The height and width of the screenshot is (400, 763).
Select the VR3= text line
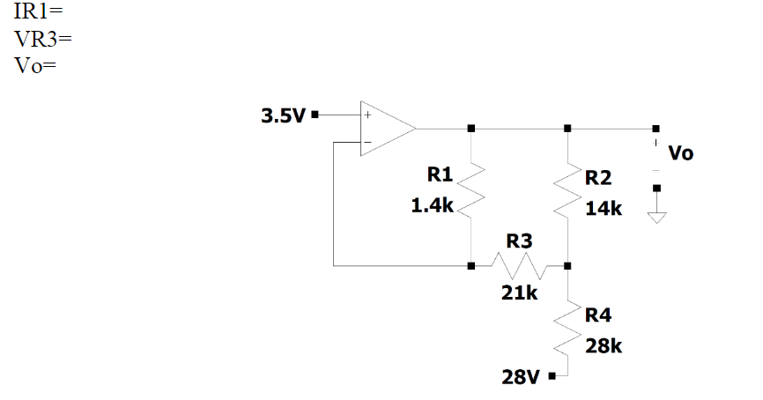[34, 40]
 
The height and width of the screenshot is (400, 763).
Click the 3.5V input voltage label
[285, 115]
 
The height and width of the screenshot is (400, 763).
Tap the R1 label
[439, 174]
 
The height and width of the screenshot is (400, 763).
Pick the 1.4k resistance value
[433, 206]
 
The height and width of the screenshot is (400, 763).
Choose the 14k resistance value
[604, 209]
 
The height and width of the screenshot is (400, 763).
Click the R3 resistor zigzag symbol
[520, 264]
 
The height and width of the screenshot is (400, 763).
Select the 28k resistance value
[604, 346]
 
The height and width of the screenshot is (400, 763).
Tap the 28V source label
[522, 377]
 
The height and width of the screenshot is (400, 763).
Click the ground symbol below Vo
[656, 219]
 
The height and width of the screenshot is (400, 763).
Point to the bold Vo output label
[681, 153]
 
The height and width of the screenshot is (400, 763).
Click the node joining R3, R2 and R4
[567, 264]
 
